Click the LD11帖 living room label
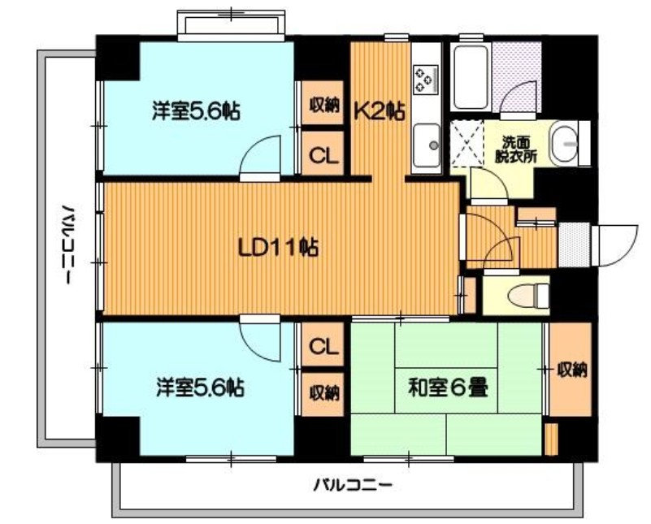(278, 249)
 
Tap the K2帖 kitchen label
(379, 111)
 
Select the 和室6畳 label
(448, 389)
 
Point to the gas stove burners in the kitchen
(426, 80)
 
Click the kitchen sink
(427, 145)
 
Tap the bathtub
(471, 77)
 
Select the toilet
(528, 297)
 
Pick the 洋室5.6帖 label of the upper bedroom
(196, 110)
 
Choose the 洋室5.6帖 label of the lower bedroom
(200, 387)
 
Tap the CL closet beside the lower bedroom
(323, 345)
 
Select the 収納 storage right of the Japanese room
(571, 370)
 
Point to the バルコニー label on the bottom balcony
(352, 484)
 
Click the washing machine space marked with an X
(467, 142)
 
